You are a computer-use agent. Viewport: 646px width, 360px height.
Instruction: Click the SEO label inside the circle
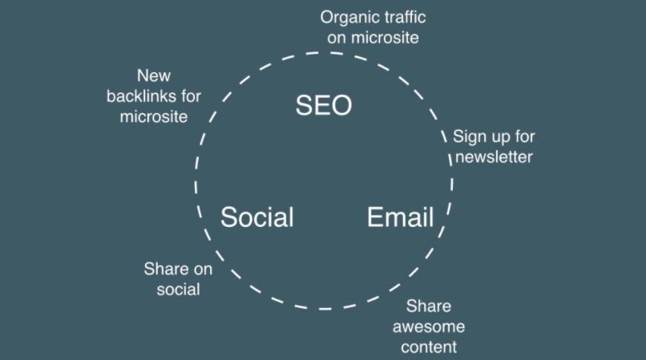[x=324, y=105]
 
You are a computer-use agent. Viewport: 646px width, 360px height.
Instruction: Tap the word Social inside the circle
[x=257, y=217]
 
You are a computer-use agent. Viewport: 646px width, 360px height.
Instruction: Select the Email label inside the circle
[x=400, y=217]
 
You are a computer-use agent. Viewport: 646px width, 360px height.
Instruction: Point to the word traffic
[x=399, y=17]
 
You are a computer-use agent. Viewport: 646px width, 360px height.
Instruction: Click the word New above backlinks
[x=154, y=75]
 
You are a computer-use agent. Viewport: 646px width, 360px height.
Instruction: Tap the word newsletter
[x=494, y=157]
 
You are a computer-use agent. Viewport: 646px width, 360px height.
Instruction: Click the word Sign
[x=467, y=137]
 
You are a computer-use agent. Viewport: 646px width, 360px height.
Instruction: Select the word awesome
[x=429, y=327]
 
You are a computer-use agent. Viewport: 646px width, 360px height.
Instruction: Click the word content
[x=429, y=347]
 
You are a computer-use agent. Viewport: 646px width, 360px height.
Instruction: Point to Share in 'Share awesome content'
[x=429, y=306]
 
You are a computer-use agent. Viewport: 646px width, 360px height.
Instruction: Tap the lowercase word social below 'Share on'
[x=179, y=289]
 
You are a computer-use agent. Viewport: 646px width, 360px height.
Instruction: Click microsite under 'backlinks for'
[x=154, y=117]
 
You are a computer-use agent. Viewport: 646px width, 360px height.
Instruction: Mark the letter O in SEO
[x=341, y=105]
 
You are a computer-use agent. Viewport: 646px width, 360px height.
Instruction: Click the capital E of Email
[x=374, y=217]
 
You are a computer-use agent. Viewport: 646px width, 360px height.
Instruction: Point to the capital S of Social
[x=228, y=217]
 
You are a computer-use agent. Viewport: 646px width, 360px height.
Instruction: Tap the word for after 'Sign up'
[x=524, y=136]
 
